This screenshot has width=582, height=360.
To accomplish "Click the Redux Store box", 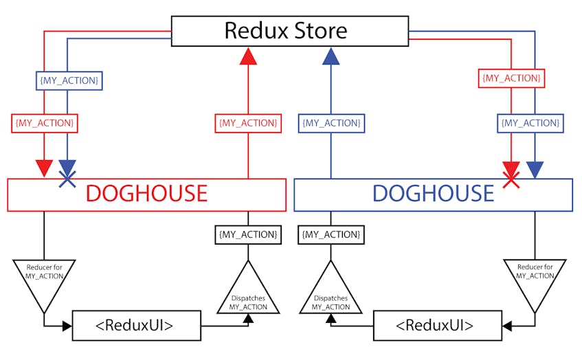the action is pos(290,31).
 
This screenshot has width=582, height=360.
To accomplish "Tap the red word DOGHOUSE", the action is pos(146,193).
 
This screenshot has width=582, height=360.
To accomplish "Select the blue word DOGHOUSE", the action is pos(433,193).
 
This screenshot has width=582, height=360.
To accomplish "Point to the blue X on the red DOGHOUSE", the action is pos(67,179).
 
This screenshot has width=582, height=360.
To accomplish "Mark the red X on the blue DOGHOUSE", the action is pos(511,180).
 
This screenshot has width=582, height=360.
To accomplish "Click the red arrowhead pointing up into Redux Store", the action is pos(248,56).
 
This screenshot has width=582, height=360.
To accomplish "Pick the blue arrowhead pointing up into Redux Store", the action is pos(331,56).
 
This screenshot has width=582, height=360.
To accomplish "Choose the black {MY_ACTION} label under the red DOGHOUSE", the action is pos(248,234).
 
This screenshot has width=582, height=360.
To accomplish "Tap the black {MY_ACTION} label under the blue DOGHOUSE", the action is pos(331,234).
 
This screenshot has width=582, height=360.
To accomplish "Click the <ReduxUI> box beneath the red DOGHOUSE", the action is pos(137,326).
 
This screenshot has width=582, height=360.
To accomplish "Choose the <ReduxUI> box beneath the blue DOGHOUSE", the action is pos(438,326).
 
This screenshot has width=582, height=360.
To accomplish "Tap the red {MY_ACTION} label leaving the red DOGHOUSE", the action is pos(248,123).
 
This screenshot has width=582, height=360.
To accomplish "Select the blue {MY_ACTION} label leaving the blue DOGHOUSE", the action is pos(331,123).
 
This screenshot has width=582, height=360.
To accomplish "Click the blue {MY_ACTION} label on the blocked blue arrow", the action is pos(69,80).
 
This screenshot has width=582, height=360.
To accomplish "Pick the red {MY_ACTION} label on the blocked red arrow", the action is pos(511,78).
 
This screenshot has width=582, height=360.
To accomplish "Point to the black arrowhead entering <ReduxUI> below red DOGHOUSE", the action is pos(67,326).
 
